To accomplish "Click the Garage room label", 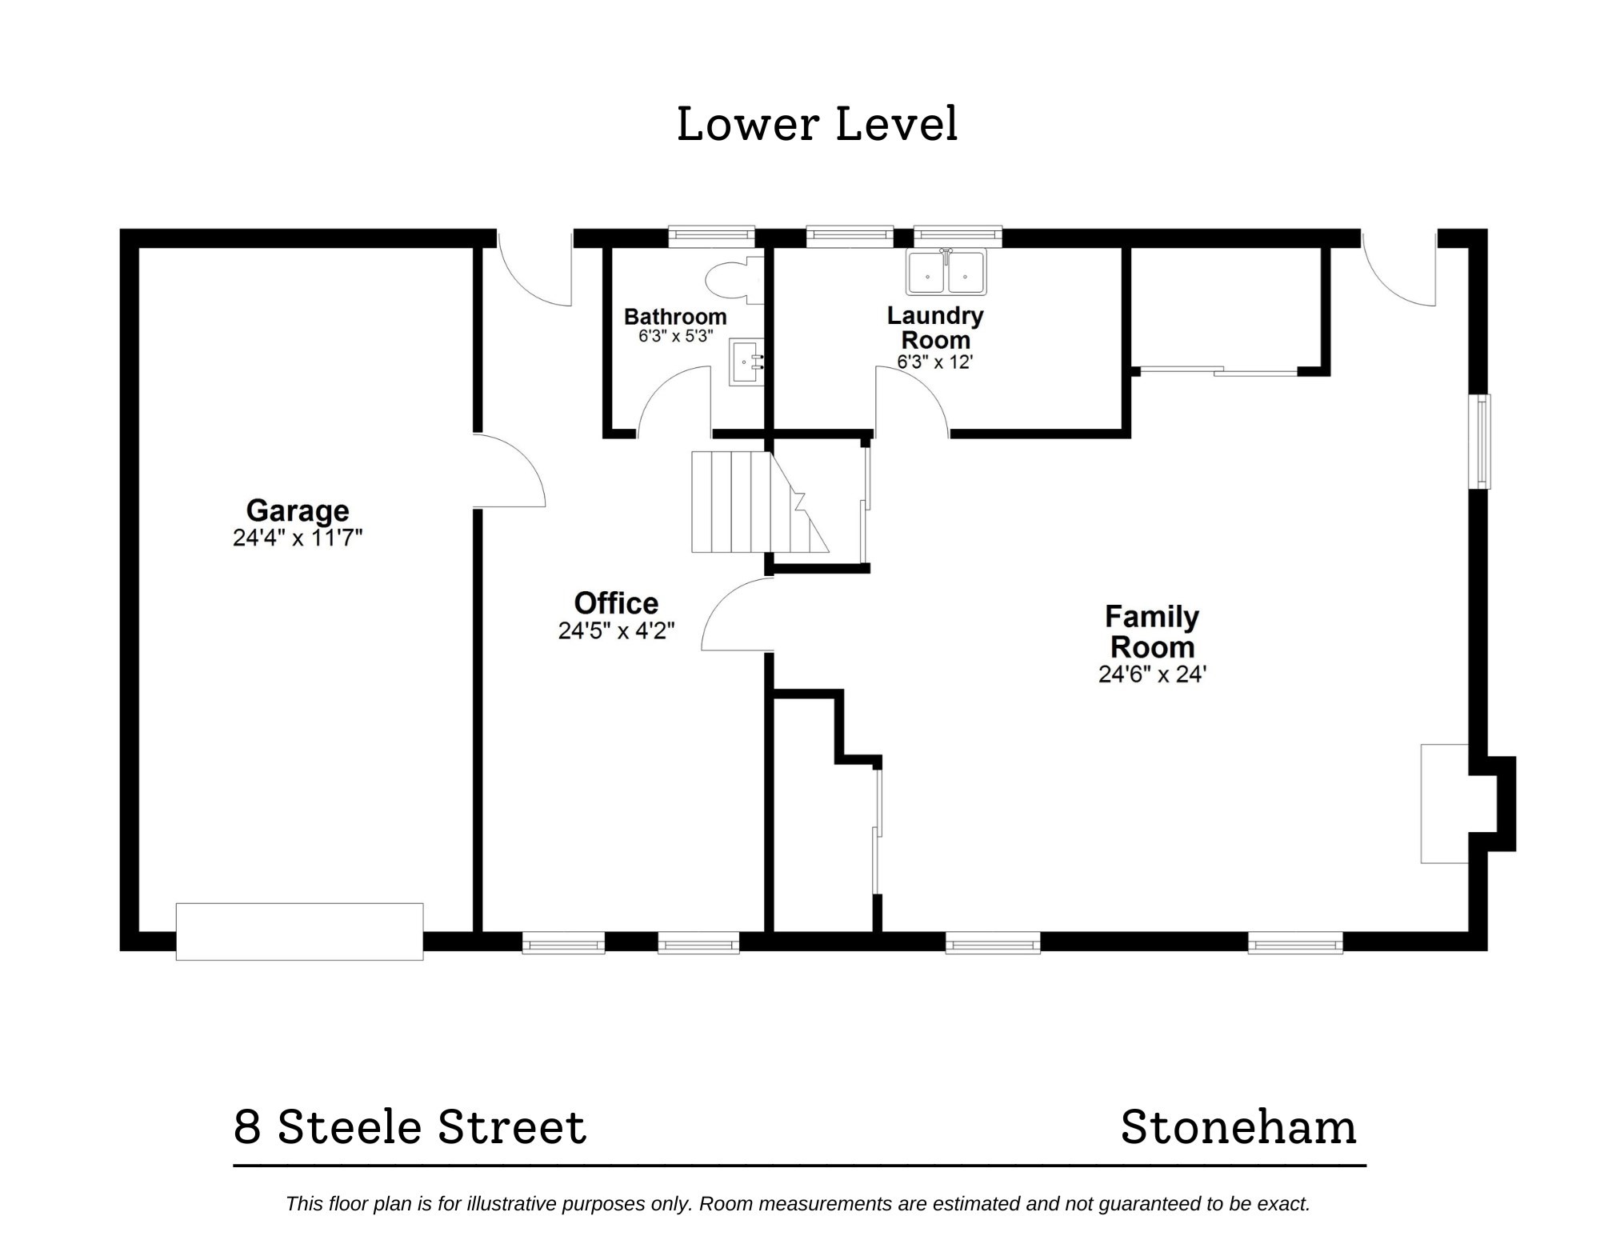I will (298, 510).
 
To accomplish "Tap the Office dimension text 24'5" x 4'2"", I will (616, 631).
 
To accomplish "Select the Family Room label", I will (1152, 631).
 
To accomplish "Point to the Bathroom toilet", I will (730, 280).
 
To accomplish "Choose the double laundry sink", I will (946, 272).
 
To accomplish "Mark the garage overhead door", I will (299, 931).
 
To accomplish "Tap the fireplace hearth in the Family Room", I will (1444, 803).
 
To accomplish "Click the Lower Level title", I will (817, 125).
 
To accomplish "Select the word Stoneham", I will (1238, 1127).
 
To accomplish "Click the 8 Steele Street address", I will (410, 1127).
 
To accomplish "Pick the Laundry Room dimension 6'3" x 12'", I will (934, 362).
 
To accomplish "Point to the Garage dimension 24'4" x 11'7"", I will (298, 538).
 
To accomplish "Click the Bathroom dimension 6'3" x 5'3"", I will (675, 336).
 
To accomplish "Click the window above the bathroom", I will (711, 235).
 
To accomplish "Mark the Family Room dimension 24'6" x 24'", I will (1152, 674).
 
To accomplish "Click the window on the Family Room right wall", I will (1478, 441).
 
